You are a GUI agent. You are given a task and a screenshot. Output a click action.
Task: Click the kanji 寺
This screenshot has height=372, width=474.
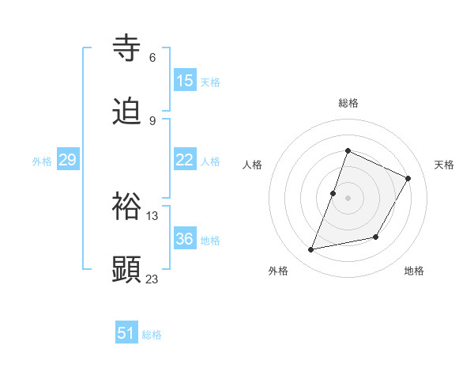click(x=127, y=47)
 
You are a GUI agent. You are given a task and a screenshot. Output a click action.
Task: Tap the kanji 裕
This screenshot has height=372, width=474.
click(x=127, y=206)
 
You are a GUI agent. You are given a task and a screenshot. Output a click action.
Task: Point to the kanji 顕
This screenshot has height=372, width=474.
click(x=127, y=269)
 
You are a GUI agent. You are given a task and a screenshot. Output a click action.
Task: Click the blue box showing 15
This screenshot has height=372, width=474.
click(x=185, y=81)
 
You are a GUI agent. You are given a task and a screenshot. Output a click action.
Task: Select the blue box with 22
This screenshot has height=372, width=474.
click(x=185, y=160)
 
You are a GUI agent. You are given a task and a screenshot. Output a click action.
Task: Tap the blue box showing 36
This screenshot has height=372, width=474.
click(x=185, y=239)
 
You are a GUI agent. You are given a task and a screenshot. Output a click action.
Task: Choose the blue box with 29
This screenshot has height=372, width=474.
click(x=68, y=160)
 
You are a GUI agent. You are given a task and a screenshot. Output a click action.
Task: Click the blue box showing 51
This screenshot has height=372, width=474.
click(x=126, y=333)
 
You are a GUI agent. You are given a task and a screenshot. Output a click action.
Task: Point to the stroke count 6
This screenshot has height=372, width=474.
click(x=152, y=57)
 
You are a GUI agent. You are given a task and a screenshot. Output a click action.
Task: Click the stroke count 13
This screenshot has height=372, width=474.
click(x=152, y=215)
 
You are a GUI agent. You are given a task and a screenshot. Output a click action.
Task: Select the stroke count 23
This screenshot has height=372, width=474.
click(x=152, y=279)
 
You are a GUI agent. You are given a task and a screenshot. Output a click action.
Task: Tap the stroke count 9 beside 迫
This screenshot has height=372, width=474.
click(x=152, y=120)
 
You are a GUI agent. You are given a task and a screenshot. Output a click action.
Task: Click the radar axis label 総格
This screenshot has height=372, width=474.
click(x=348, y=103)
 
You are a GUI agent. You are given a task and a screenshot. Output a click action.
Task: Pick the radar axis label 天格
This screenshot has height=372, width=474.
click(x=445, y=165)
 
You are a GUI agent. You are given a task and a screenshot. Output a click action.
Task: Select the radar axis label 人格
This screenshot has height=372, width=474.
click(x=252, y=165)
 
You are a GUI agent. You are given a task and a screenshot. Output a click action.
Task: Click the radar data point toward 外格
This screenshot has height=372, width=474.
click(x=311, y=250)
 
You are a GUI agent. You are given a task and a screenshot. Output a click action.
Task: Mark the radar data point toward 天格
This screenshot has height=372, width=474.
click(x=408, y=179)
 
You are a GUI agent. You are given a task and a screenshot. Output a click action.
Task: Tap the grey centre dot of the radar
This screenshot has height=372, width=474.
click(x=348, y=198)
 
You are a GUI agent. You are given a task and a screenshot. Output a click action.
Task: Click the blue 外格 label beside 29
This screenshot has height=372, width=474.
click(x=42, y=161)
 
